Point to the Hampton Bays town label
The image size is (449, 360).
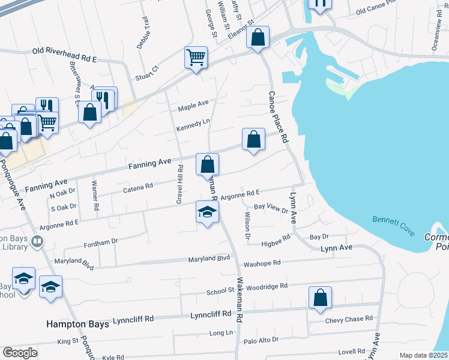[78, 324]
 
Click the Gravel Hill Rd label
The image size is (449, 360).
[179, 184]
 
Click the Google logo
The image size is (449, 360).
[20, 353]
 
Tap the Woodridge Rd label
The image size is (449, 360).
[267, 287]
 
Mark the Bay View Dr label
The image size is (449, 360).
[271, 207]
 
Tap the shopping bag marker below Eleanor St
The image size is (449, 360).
[258, 38]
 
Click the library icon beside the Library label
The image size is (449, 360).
[38, 241]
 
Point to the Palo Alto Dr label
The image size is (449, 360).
[261, 340]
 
